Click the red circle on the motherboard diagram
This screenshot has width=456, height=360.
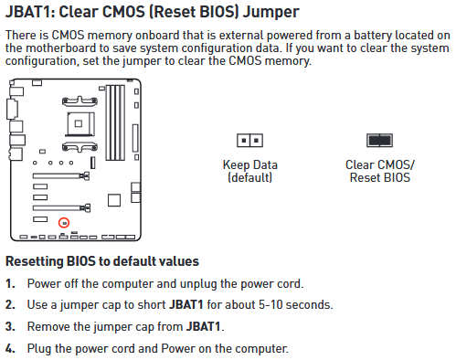[64, 223]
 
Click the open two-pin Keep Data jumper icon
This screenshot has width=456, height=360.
[249, 141]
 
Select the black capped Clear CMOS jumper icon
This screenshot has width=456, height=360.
[379, 141]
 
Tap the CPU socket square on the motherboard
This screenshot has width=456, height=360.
[80, 123]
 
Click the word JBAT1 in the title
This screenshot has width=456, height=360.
[28, 12]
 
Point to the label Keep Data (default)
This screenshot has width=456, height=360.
[250, 171]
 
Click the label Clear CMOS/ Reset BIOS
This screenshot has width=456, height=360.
[380, 171]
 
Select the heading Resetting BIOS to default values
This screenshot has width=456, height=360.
[102, 261]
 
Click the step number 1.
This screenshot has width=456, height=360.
[10, 284]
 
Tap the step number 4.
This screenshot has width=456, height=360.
[10, 349]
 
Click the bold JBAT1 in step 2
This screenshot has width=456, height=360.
[186, 305]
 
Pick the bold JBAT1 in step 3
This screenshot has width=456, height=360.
[203, 327]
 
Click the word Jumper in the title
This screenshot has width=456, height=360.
[270, 12]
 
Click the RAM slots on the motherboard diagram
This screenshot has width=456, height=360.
[115, 122]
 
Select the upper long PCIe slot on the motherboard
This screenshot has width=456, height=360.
[61, 175]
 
